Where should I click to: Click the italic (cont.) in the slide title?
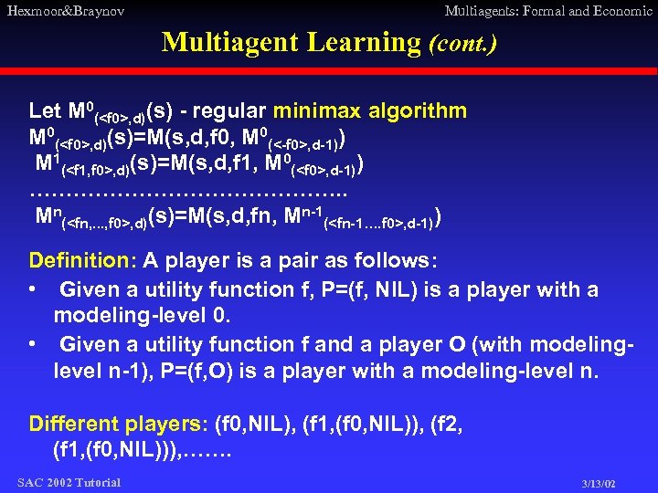[x=462, y=43]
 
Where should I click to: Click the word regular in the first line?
[x=228, y=111]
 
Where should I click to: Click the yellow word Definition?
[x=80, y=260]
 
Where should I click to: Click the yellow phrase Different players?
[x=117, y=424]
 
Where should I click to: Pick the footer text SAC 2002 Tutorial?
[x=69, y=482]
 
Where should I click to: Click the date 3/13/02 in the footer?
[x=599, y=483]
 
